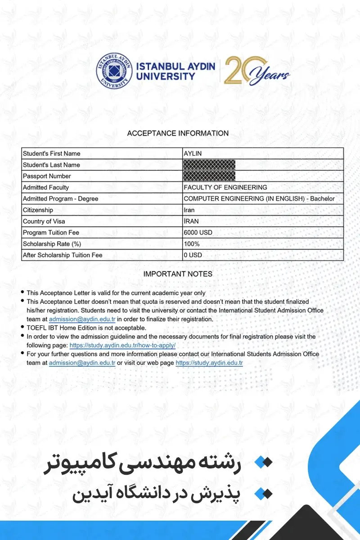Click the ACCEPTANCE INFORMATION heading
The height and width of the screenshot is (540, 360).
[178, 133]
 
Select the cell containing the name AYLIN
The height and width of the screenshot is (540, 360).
[193, 153]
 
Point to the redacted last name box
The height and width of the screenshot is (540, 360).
[209, 165]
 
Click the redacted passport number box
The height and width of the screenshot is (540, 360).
[209, 176]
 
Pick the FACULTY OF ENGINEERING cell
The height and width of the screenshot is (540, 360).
[225, 187]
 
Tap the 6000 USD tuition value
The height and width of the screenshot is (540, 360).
[198, 233]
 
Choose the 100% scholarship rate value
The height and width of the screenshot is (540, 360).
[192, 244]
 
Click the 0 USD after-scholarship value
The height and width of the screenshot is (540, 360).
[193, 255]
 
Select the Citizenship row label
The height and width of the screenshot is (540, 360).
[38, 210]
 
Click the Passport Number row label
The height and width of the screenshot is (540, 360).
[47, 176]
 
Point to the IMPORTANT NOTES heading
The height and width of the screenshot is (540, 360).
[178, 274]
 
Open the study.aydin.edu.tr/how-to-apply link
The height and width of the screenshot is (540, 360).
[122, 345]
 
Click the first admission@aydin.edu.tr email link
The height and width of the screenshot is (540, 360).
[82, 319]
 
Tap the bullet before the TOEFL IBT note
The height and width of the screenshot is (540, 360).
[23, 328]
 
